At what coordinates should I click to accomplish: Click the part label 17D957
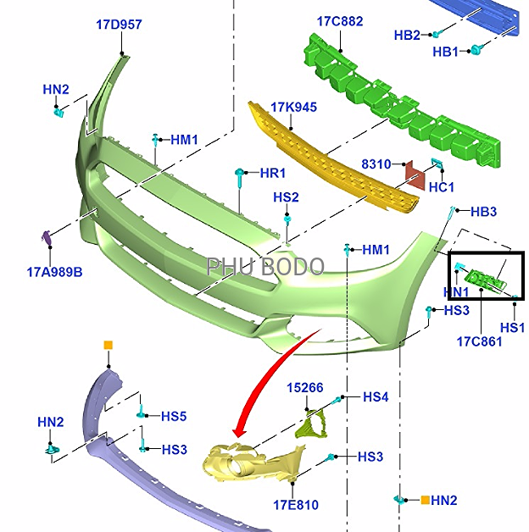(119, 25)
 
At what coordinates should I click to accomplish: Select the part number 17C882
(340, 21)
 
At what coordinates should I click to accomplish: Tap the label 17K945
(293, 108)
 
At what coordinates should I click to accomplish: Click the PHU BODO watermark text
(265, 266)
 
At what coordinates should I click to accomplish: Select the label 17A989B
(54, 272)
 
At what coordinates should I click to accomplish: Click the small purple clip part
(46, 237)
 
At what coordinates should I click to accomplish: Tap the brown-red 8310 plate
(415, 175)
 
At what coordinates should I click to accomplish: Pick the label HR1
(273, 174)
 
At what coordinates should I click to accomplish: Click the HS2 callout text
(286, 197)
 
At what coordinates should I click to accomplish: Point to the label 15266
(305, 388)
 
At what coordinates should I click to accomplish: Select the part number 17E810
(296, 505)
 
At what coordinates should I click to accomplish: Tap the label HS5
(174, 416)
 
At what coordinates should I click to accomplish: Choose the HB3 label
(483, 212)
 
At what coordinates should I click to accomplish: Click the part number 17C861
(479, 341)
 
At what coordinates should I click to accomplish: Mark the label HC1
(442, 187)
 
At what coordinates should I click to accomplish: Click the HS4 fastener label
(376, 397)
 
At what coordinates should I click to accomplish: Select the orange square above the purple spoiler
(109, 346)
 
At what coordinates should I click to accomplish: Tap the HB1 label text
(445, 52)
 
